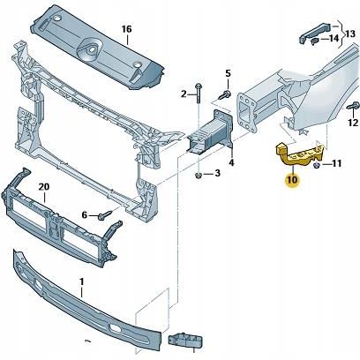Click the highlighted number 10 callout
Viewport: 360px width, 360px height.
(292, 181)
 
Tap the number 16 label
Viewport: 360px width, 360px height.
(126, 29)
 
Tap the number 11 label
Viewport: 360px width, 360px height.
(337, 164)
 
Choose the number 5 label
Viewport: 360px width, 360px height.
(227, 73)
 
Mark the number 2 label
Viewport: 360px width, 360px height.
(184, 94)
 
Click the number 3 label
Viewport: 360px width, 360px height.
(218, 173)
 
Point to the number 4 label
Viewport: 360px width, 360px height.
(231, 162)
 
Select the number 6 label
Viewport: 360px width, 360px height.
(85, 215)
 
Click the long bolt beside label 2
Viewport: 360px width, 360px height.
(199, 94)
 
